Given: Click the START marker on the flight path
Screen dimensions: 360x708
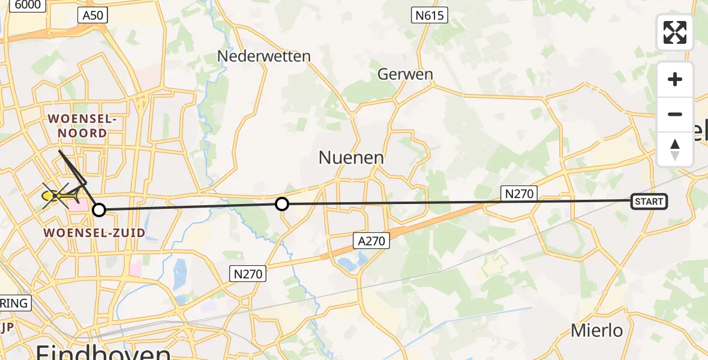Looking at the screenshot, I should click(649, 202).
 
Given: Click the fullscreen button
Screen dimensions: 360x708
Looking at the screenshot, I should click(675, 32).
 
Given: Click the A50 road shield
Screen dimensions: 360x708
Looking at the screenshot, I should click(92, 16).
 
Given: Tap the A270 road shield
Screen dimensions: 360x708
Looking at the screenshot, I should click(371, 241).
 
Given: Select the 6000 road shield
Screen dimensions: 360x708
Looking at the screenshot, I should click(28, 5).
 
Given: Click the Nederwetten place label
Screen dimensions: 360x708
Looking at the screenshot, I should click(264, 56).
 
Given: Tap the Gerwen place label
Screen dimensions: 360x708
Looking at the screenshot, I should click(405, 74).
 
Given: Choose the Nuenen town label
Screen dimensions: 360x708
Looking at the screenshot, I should click(351, 158).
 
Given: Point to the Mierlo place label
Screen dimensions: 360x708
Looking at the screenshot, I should click(596, 330).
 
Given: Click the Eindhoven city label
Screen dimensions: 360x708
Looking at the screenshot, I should click(103, 352).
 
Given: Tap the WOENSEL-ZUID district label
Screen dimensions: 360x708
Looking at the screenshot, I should click(95, 233).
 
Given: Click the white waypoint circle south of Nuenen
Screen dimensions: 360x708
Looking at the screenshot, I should click(281, 205).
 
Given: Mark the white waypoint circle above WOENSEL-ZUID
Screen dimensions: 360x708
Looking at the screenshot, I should click(99, 209).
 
